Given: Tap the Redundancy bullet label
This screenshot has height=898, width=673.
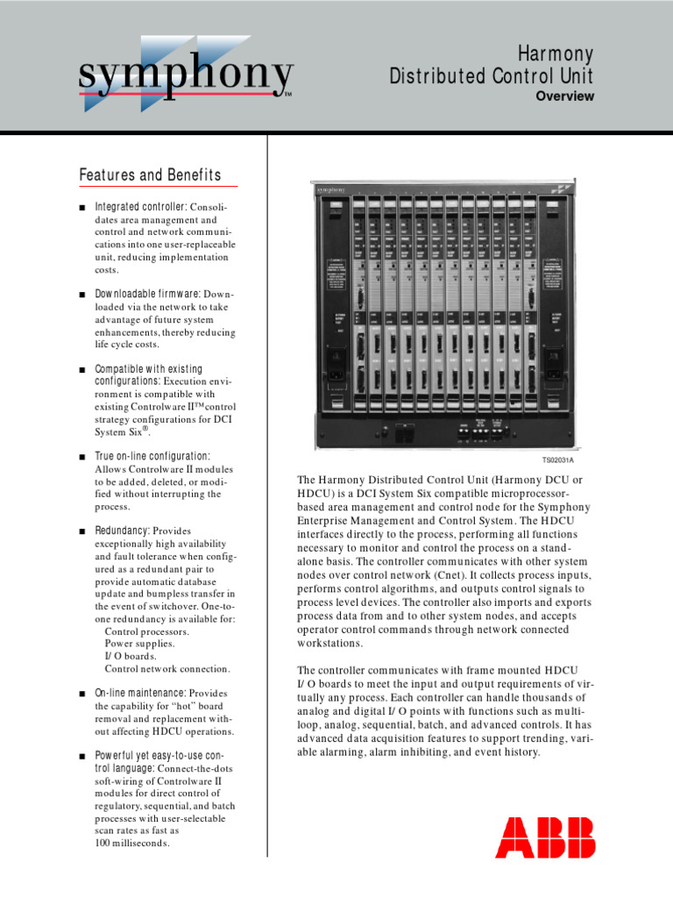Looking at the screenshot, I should click(122, 531).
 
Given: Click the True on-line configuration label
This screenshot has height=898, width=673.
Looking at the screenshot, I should click(152, 456).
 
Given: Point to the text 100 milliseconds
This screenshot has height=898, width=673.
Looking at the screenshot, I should click(132, 843).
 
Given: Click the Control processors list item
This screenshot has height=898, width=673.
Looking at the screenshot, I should click(145, 631).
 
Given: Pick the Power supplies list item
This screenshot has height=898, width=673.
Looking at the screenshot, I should click(139, 643).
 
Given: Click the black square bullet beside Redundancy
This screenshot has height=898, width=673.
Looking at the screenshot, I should click(81, 531).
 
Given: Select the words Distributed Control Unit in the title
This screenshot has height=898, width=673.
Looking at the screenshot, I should click(492, 76).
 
